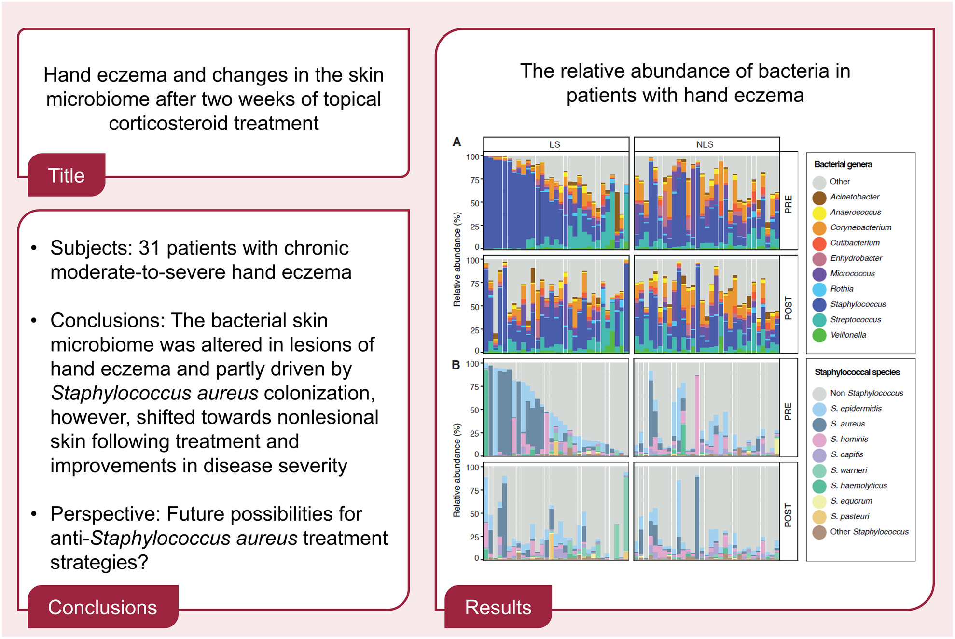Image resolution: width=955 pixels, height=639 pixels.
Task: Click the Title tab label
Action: pyautogui.click(x=66, y=176)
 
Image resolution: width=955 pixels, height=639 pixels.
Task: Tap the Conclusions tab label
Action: pyautogui.click(x=102, y=608)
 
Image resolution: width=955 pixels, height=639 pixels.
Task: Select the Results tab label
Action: pyautogui.click(x=498, y=608)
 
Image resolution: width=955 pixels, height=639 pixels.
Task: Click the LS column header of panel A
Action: pyautogui.click(x=554, y=144)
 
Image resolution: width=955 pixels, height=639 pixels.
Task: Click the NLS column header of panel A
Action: pyautogui.click(x=705, y=144)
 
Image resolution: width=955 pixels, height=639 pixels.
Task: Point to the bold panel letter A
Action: pyautogui.click(x=457, y=142)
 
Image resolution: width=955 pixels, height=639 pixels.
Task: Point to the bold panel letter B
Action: pyautogui.click(x=456, y=365)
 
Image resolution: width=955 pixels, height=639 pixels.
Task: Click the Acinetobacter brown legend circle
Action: pyautogui.click(x=819, y=198)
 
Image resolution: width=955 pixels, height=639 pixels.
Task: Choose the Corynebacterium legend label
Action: pyautogui.click(x=860, y=227)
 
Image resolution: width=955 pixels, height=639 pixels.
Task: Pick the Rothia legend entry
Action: pyautogui.click(x=842, y=289)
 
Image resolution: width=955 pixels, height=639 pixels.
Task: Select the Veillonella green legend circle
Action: pyautogui.click(x=819, y=335)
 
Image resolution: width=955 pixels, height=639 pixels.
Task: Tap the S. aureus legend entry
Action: pyautogui.click(x=847, y=424)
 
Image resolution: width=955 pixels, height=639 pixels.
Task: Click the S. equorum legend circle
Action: pyautogui.click(x=819, y=501)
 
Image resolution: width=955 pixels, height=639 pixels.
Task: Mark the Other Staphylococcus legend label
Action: pyautogui.click(x=869, y=532)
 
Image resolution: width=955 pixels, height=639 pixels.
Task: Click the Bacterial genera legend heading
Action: pyautogui.click(x=843, y=164)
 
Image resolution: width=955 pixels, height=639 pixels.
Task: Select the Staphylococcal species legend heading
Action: pyautogui.click(x=857, y=372)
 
